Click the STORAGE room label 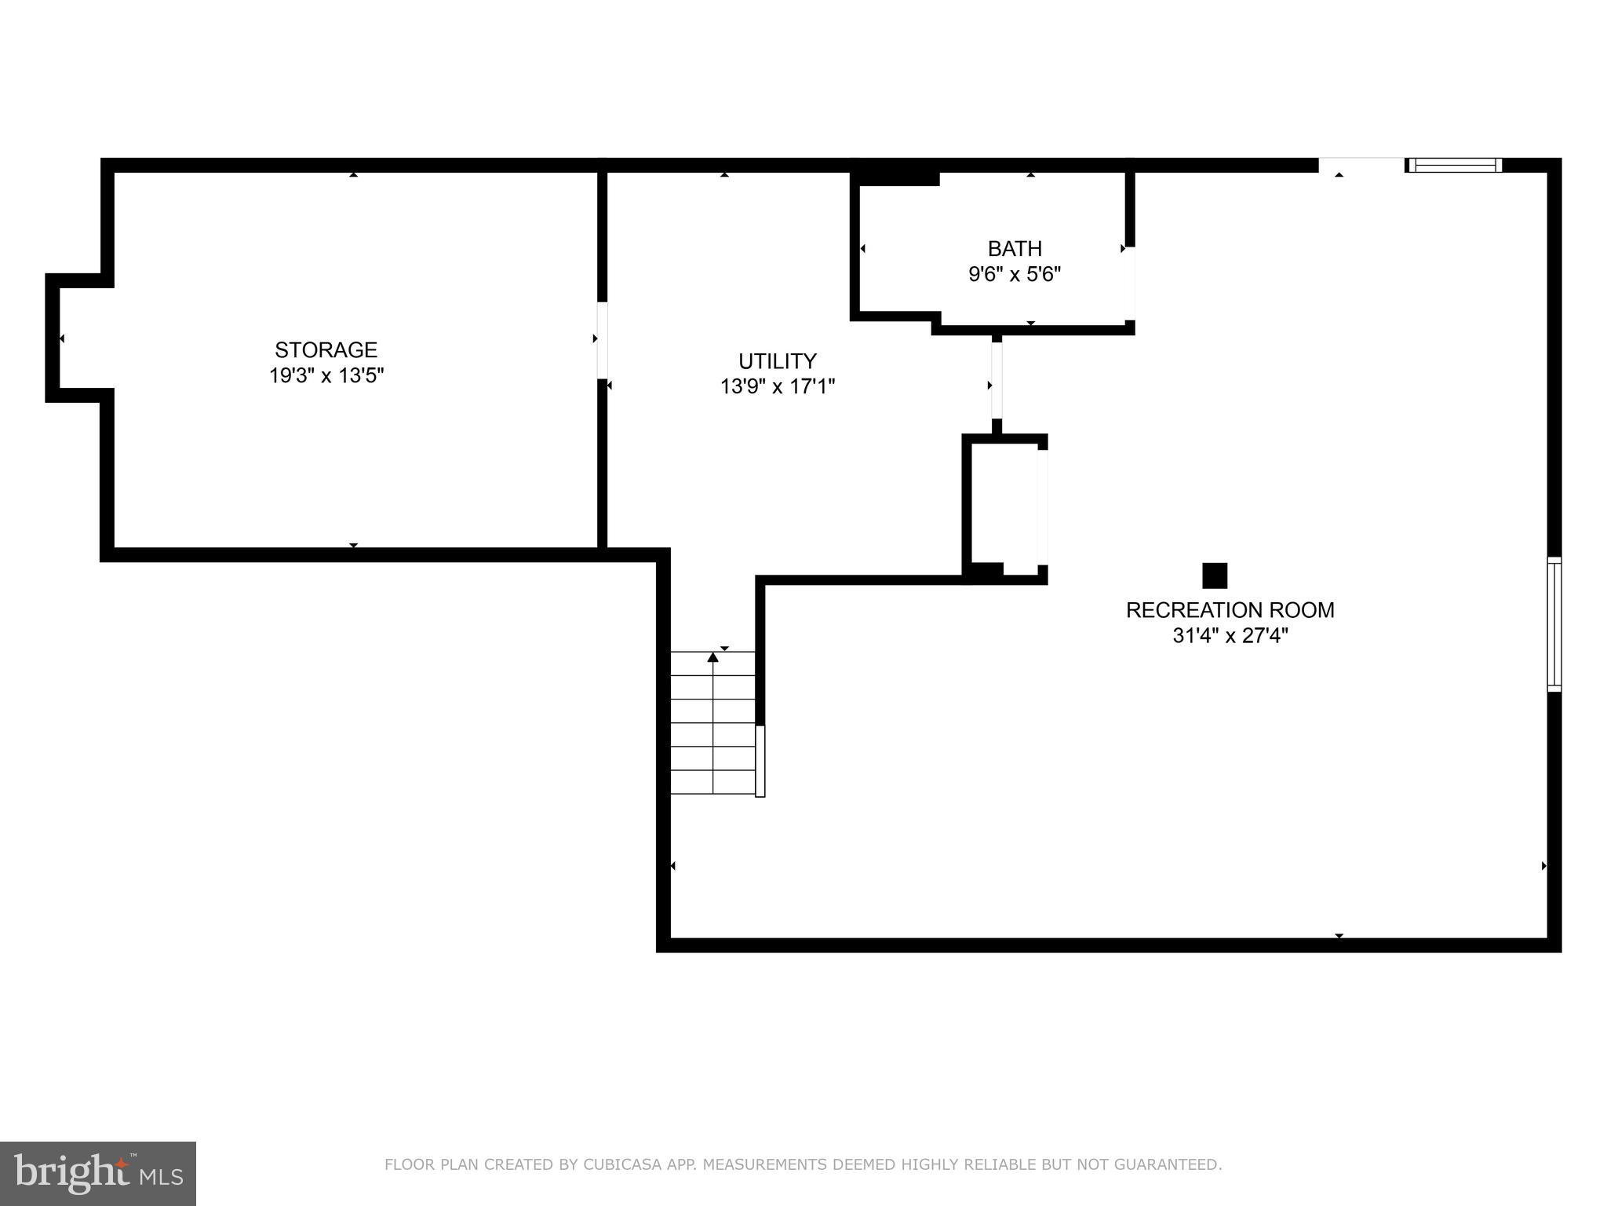[326, 349]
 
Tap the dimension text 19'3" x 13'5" [326, 375]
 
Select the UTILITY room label [777, 361]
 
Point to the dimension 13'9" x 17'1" [777, 386]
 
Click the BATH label [1015, 249]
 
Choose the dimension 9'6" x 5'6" [1015, 275]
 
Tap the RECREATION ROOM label [1230, 610]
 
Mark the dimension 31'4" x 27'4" [1230, 636]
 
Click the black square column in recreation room [1215, 576]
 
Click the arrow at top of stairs [712, 657]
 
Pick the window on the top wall [1454, 165]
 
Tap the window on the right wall [1554, 624]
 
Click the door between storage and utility [602, 340]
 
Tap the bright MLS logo [98, 1173]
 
